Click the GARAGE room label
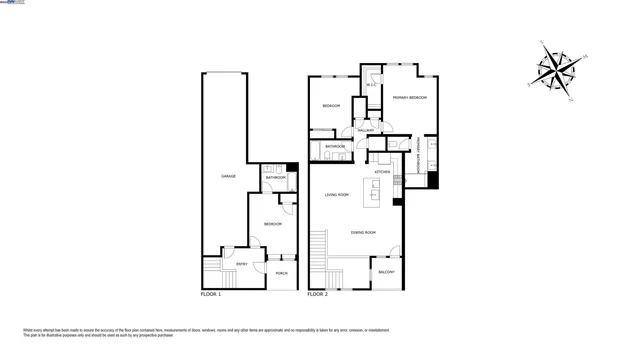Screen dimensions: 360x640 228,176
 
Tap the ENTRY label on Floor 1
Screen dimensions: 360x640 242,264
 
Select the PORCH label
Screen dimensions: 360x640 281,273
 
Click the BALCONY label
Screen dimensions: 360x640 386,272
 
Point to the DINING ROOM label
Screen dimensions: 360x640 363,233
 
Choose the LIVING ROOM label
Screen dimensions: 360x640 336,195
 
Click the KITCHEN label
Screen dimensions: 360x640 382,172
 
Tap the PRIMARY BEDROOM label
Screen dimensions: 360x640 410,97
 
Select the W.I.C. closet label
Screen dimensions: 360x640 370,85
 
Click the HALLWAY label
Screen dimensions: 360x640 366,130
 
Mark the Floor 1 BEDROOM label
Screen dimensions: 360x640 273,223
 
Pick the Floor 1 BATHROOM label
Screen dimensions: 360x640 276,178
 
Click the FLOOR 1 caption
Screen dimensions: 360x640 210,295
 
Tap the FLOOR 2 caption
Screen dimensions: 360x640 317,295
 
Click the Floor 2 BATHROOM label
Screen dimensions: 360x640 335,147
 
